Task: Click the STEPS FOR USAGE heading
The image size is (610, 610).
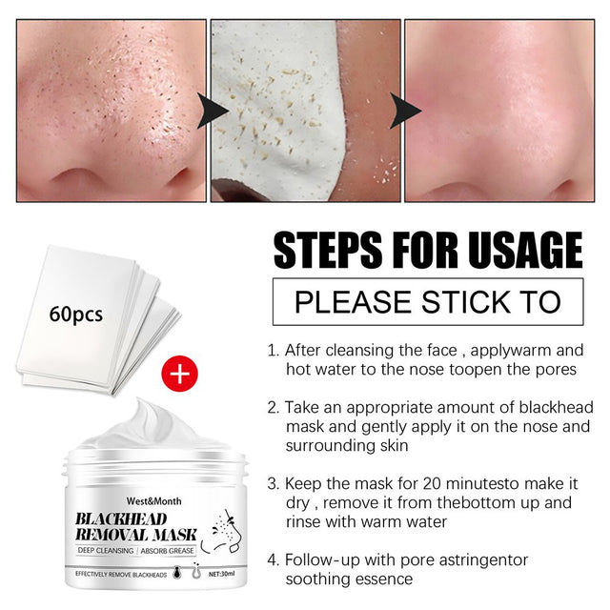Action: (x=427, y=251)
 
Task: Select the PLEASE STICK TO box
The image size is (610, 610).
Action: (x=427, y=301)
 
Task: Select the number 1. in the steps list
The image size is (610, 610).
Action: (x=274, y=350)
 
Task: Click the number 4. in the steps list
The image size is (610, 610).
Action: (x=274, y=559)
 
